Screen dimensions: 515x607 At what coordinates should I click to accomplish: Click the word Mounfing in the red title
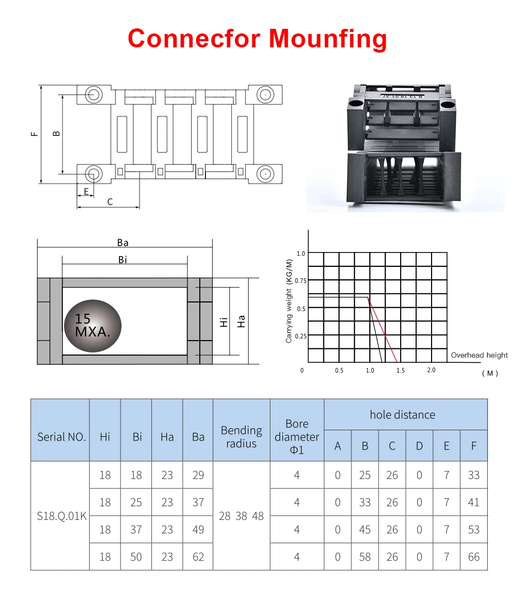pyautogui.click(x=328, y=39)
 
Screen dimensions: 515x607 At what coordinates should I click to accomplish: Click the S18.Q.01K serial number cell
pyautogui.click(x=61, y=516)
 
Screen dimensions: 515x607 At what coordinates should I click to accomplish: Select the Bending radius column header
pyautogui.click(x=241, y=436)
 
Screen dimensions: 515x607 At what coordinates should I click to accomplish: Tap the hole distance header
pyautogui.click(x=402, y=415)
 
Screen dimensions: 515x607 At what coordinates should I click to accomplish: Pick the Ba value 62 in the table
pyautogui.click(x=198, y=557)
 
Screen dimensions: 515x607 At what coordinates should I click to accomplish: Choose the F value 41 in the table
pyautogui.click(x=474, y=502)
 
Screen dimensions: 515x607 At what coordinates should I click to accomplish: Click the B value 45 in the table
pyautogui.click(x=365, y=530)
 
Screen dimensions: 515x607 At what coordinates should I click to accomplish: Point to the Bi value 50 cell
pyautogui.click(x=136, y=557)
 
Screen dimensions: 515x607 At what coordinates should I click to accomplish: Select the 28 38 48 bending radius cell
pyautogui.click(x=241, y=516)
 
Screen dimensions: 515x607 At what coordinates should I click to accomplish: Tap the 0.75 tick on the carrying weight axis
pyautogui.click(x=301, y=281)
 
